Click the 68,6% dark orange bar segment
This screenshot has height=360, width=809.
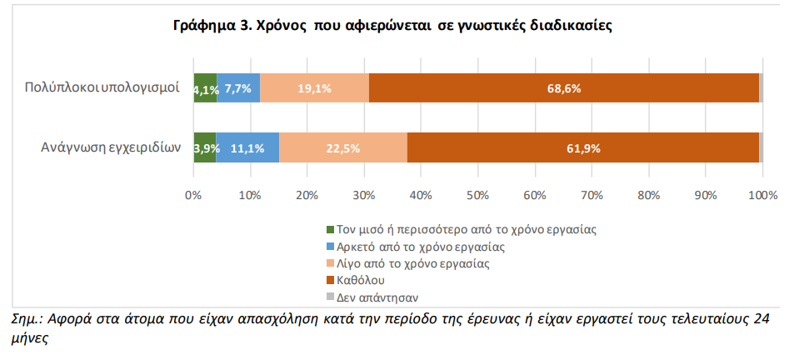pyautogui.click(x=563, y=88)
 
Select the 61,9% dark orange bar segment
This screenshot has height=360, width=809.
pyautogui.click(x=582, y=148)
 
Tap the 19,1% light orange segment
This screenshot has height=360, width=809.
pyautogui.click(x=314, y=88)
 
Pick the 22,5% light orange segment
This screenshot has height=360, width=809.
pyautogui.click(x=342, y=148)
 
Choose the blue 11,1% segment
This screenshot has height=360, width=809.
pyautogui.click(x=247, y=148)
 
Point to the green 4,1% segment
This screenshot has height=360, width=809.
pyautogui.click(x=205, y=88)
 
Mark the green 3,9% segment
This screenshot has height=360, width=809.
pyautogui.click(x=204, y=148)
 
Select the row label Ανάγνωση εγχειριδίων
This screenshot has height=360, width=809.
pyautogui.click(x=111, y=148)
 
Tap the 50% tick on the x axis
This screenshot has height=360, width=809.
pyautogui.click(x=477, y=195)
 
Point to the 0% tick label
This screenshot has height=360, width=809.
pyautogui.click(x=193, y=195)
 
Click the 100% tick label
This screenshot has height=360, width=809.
pyautogui.click(x=762, y=195)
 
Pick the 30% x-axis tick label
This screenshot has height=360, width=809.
pyautogui.click(x=364, y=195)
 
